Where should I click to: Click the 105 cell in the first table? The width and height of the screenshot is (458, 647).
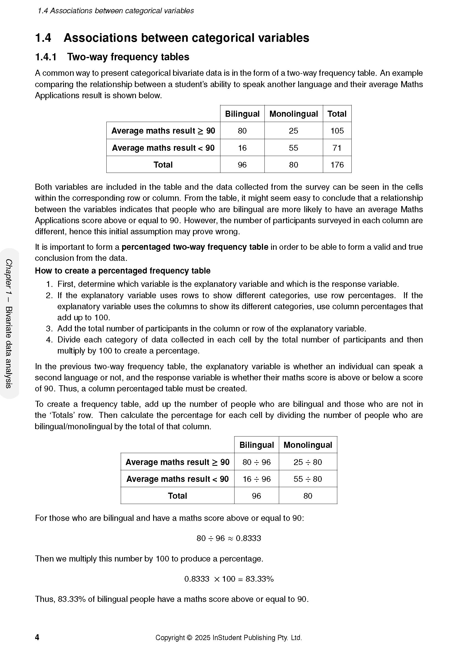point(337,131)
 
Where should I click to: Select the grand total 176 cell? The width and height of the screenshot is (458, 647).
point(337,165)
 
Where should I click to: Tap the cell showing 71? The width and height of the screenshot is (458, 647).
point(337,148)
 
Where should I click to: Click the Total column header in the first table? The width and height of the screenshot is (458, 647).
point(337,114)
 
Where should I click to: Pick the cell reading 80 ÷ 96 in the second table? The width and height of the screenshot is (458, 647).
point(256,462)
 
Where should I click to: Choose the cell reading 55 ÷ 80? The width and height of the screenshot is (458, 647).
point(308,479)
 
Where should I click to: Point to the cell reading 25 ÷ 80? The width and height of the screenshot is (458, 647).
point(308,462)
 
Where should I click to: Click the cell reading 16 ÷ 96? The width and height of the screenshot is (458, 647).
point(256,479)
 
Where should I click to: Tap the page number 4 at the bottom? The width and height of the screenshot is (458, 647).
point(37,637)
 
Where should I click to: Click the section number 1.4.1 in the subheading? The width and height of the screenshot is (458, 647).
point(46,57)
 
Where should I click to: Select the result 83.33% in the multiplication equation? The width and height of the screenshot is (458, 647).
point(259,579)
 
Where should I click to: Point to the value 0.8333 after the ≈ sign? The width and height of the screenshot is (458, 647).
point(248,538)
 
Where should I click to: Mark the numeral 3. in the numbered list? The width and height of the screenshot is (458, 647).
point(49,329)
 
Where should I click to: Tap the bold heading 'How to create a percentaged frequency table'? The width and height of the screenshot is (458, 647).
point(123,271)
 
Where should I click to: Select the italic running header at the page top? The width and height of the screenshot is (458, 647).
point(116,11)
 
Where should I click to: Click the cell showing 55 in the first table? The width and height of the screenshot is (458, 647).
point(293,148)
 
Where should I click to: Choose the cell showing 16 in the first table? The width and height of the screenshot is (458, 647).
point(242,148)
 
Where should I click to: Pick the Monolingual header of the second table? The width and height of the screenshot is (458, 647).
point(308,445)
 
